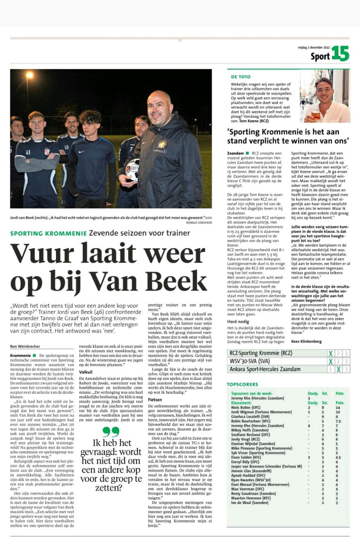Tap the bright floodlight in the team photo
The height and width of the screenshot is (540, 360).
click(29, 75)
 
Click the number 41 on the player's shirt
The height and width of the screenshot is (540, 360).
click(28, 152)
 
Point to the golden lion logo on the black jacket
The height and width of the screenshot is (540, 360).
click(162, 145)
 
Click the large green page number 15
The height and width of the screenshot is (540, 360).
click(340, 53)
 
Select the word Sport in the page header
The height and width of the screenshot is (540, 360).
click(320, 56)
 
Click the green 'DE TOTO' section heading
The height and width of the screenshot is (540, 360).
click(241, 77)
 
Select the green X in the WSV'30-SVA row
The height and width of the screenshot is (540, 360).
click(330, 361)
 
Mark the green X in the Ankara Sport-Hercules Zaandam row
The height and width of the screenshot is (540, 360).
click(338, 369)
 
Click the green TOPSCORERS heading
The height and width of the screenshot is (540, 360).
click(242, 385)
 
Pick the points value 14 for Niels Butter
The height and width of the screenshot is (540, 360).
click(338, 407)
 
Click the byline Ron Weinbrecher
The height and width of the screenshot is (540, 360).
click(25, 346)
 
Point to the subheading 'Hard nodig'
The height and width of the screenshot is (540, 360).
click(238, 322)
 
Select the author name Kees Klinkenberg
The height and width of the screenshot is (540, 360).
click(306, 341)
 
